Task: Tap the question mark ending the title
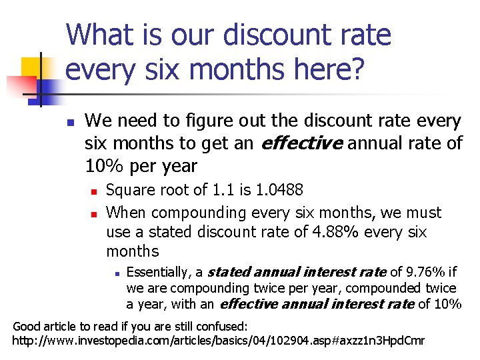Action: (x=359, y=69)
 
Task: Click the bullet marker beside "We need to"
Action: (x=69, y=122)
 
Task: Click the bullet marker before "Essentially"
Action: (x=115, y=273)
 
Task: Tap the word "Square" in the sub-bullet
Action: (x=129, y=190)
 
